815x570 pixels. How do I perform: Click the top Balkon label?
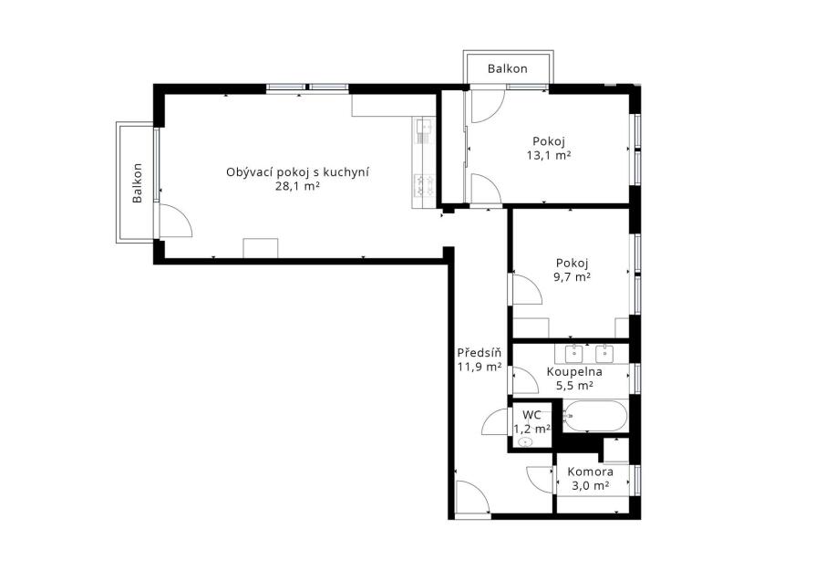pos(507,68)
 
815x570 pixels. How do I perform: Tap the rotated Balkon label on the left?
pos(138,183)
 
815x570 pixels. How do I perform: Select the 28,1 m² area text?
pos(297,187)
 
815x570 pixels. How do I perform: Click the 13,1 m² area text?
pos(549,155)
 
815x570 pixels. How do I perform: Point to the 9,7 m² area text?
pos(572,276)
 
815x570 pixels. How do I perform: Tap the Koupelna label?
pos(574,372)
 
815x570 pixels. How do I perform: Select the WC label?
pos(531,415)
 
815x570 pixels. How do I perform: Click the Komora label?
pos(590,472)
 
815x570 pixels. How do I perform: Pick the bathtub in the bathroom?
pos(595,416)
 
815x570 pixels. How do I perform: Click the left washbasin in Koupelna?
pos(573,354)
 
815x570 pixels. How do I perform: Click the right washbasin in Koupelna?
pos(604,354)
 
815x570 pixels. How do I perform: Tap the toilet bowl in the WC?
pos(526,442)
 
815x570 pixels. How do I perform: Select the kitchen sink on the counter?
pos(424,130)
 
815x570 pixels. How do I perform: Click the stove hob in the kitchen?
pos(424,185)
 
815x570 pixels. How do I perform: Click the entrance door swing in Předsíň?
pos(472,497)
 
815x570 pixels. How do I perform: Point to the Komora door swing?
pos(540,480)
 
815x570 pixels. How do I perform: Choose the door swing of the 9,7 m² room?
pos(528,288)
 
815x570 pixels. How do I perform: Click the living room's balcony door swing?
pos(176,221)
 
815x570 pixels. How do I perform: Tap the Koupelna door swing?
pos(525,380)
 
